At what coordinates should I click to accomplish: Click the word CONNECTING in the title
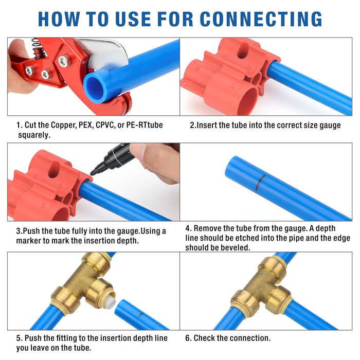coord(261,19)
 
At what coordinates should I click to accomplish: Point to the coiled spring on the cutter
coord(37,48)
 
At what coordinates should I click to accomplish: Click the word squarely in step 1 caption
coord(34,135)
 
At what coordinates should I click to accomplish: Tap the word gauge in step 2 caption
coord(330,125)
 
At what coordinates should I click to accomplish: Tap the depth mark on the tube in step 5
coord(140,315)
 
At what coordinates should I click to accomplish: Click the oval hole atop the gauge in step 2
coord(243,50)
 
